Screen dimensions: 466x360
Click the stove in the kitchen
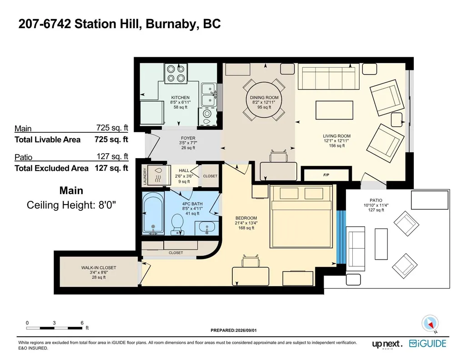175,73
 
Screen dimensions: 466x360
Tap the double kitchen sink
209,95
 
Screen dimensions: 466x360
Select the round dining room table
264,100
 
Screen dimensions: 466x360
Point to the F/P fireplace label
326,175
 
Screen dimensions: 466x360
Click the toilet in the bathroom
177,224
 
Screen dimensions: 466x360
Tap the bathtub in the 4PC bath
153,213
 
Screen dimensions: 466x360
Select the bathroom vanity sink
207,228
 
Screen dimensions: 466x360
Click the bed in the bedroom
301,216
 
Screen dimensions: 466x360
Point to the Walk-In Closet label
99,268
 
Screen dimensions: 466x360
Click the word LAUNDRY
145,176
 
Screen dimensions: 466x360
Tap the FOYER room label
188,138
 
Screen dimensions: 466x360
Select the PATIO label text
376,200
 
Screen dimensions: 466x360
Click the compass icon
430,323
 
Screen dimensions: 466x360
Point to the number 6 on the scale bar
82,323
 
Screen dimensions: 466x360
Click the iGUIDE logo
428,344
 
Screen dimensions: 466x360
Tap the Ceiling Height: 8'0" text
71,205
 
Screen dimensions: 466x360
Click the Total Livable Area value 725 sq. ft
111,139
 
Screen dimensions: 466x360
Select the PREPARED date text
234,330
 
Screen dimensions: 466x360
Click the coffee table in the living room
334,110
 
